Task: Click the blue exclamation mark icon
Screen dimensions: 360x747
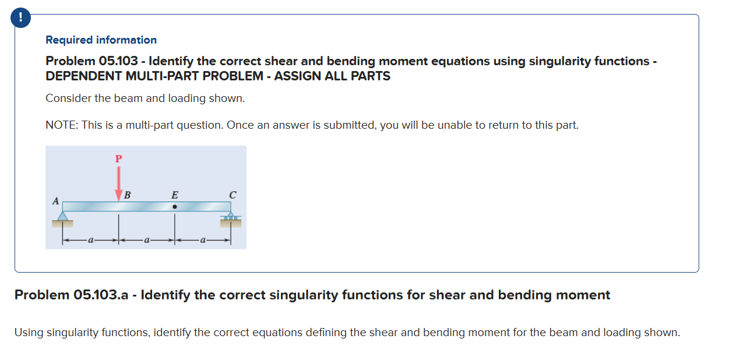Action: (x=21, y=18)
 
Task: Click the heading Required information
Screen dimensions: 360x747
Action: (x=101, y=40)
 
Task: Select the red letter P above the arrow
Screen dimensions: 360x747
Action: (x=119, y=158)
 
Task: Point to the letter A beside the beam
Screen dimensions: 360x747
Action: (x=56, y=201)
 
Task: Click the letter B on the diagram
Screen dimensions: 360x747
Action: (x=127, y=195)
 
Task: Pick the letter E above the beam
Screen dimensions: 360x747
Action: (x=174, y=195)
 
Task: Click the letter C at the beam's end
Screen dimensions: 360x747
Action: (x=232, y=195)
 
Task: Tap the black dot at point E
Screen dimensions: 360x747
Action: (x=174, y=206)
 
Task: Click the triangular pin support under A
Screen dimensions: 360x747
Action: (x=62, y=217)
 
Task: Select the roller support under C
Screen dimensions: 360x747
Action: (x=231, y=218)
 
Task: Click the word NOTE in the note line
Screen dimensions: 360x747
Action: (x=61, y=125)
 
